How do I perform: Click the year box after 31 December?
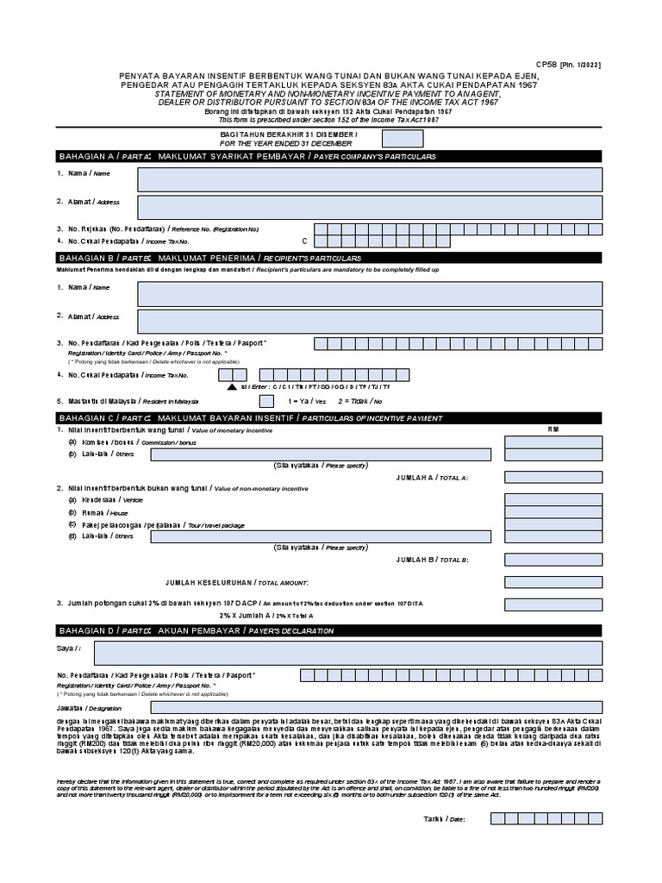403,139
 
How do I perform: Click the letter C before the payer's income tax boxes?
303,241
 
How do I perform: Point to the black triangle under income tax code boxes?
232,387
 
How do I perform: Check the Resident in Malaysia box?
266,401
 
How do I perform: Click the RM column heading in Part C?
553,429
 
